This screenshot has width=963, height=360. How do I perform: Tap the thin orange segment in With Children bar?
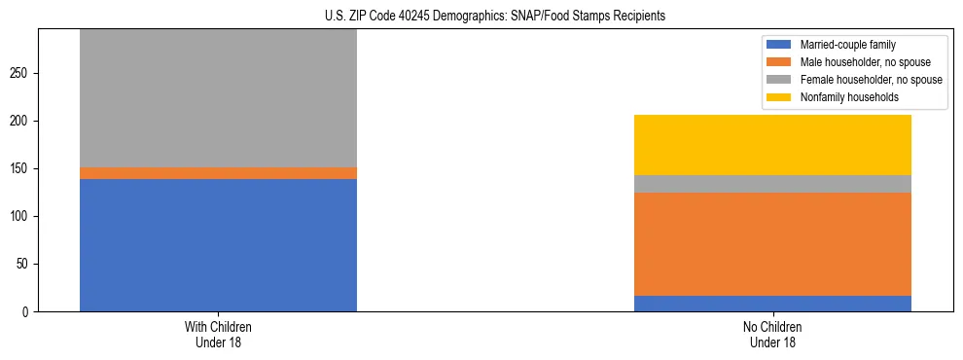click(x=218, y=173)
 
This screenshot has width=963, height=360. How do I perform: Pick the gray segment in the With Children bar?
click(x=218, y=98)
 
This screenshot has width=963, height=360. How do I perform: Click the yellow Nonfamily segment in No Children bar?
click(x=772, y=145)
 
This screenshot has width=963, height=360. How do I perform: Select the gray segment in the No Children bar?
click(x=772, y=184)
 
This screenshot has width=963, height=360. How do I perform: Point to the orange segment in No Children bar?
click(x=772, y=244)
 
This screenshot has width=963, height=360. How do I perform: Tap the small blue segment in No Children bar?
click(x=772, y=304)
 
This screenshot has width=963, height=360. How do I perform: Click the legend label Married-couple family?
click(x=847, y=45)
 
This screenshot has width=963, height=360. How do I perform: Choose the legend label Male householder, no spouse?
click(x=866, y=62)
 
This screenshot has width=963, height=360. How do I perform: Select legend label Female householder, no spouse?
click(x=871, y=80)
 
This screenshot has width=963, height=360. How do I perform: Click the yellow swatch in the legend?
click(x=779, y=97)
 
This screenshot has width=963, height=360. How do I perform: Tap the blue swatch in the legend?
click(x=779, y=45)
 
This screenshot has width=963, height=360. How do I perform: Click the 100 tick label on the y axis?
click(x=21, y=217)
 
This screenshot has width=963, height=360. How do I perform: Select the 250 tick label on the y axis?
click(x=21, y=74)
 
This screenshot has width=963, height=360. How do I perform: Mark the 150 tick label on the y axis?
click(x=21, y=169)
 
